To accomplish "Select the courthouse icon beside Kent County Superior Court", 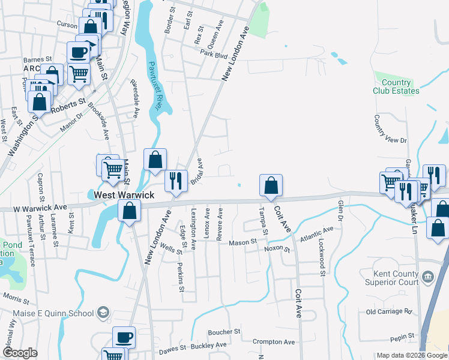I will (x=427, y=277).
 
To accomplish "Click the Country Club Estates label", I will (x=396, y=86).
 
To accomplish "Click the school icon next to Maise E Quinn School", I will (x=103, y=312).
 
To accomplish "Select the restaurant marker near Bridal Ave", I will (x=176, y=179).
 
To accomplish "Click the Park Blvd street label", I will (x=215, y=56).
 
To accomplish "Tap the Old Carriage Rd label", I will (x=390, y=312).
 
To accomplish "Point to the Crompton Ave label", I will (x=274, y=342).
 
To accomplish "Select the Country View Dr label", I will (x=390, y=130).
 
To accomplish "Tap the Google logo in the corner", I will (x=20, y=352).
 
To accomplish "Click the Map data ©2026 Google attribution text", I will (x=411, y=355).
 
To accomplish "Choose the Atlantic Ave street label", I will (x=317, y=233).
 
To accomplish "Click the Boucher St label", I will (x=224, y=331).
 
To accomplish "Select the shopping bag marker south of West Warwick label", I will (x=129, y=211).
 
